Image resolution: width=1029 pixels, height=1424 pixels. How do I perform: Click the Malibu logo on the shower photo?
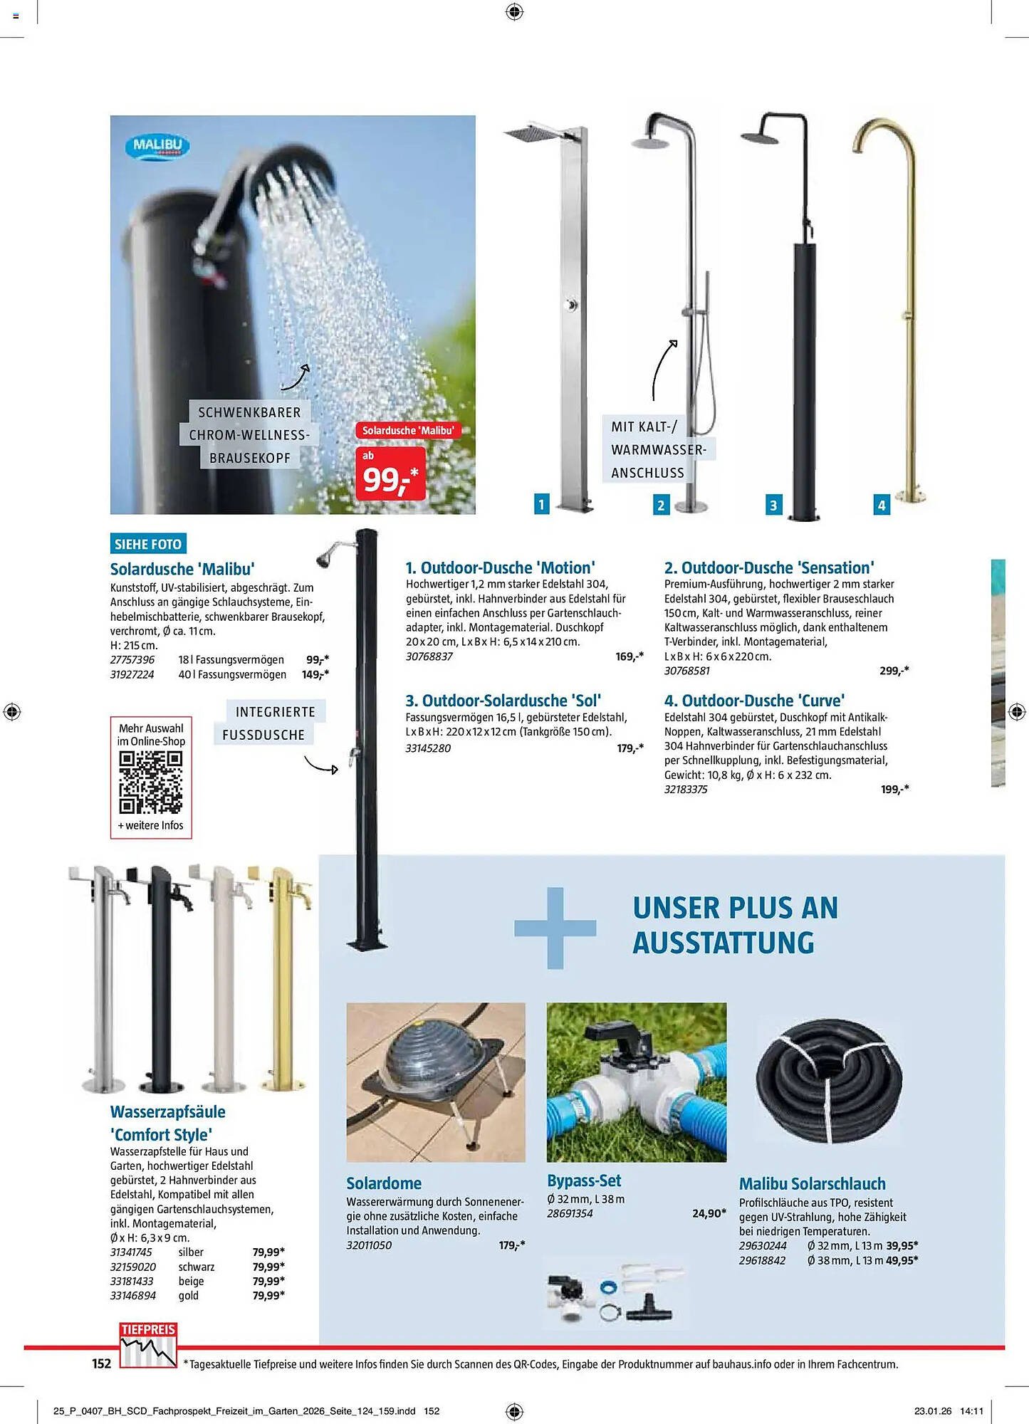[157, 145]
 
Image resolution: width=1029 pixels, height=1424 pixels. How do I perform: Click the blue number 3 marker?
[773, 505]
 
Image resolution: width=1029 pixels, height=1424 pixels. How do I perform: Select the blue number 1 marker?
[541, 504]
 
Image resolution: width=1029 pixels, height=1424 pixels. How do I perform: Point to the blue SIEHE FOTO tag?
[148, 544]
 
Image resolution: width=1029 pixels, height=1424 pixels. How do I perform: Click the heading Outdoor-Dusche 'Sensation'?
[769, 567]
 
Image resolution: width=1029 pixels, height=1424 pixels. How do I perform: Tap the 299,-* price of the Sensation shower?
[894, 671]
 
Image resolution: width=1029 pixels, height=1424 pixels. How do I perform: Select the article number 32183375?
[686, 790]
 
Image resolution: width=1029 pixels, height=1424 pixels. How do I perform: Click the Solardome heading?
[384, 1183]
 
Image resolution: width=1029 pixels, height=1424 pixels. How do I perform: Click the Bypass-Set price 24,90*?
[709, 1213]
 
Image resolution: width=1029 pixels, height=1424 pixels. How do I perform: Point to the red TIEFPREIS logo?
[147, 1344]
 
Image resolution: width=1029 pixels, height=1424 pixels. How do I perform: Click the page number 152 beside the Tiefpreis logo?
[102, 1363]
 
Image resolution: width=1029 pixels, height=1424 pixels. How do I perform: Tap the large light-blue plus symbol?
[555, 927]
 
